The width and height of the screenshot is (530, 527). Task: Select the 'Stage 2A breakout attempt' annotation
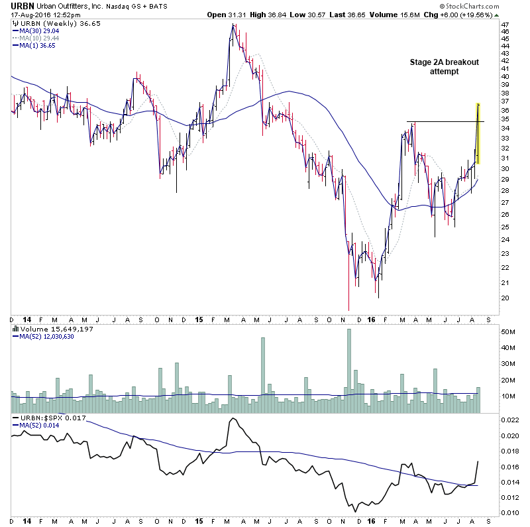444,67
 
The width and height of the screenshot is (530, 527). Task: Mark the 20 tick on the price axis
505,298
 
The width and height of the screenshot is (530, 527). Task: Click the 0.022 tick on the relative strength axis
509,420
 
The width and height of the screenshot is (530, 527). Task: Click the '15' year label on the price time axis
199,320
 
